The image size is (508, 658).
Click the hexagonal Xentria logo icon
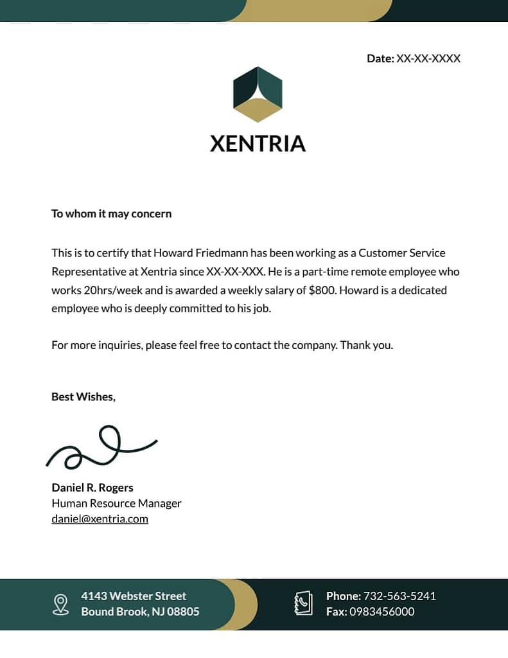click(258, 94)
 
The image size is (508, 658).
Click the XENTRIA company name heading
click(258, 143)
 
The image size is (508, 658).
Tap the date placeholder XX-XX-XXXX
click(428, 58)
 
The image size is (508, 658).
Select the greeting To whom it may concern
click(111, 213)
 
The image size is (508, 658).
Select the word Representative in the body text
click(89, 272)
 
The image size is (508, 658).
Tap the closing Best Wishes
click(83, 396)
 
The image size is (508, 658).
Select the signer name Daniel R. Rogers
click(92, 488)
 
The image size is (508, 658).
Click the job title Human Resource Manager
click(116, 503)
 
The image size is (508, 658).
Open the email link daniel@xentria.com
click(100, 519)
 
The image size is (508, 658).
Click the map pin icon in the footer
click(60, 604)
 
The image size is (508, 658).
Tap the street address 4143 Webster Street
click(134, 596)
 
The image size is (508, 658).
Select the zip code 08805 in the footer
click(183, 612)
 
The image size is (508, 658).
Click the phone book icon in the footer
click(303, 603)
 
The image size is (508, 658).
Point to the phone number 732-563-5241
click(399, 596)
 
